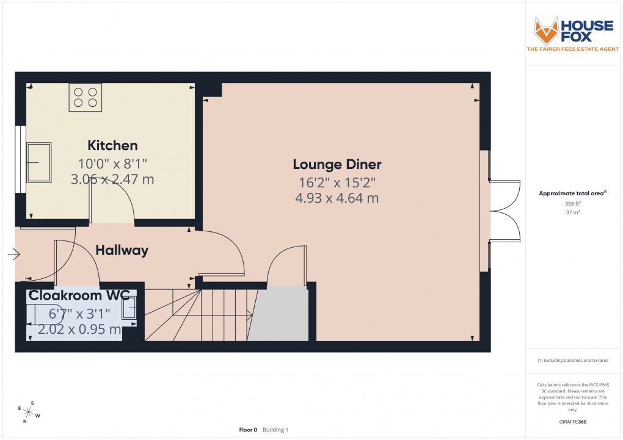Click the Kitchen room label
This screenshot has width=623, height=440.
click(112, 145)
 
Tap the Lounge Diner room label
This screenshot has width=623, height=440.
click(337, 164)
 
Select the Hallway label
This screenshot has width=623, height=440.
click(122, 250)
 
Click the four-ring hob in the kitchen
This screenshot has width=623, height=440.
click(85, 98)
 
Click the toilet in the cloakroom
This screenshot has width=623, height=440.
click(42, 313)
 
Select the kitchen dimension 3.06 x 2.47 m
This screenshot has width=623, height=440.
click(112, 179)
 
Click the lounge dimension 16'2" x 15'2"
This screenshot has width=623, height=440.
click(337, 182)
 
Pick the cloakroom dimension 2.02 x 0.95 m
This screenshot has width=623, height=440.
click(79, 330)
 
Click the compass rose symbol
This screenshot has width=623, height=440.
click(29, 412)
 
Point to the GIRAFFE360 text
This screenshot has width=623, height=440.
click(573, 421)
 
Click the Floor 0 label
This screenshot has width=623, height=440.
click(248, 430)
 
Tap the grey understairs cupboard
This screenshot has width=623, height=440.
click(280, 315)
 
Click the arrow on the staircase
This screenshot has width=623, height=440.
click(249, 315)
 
